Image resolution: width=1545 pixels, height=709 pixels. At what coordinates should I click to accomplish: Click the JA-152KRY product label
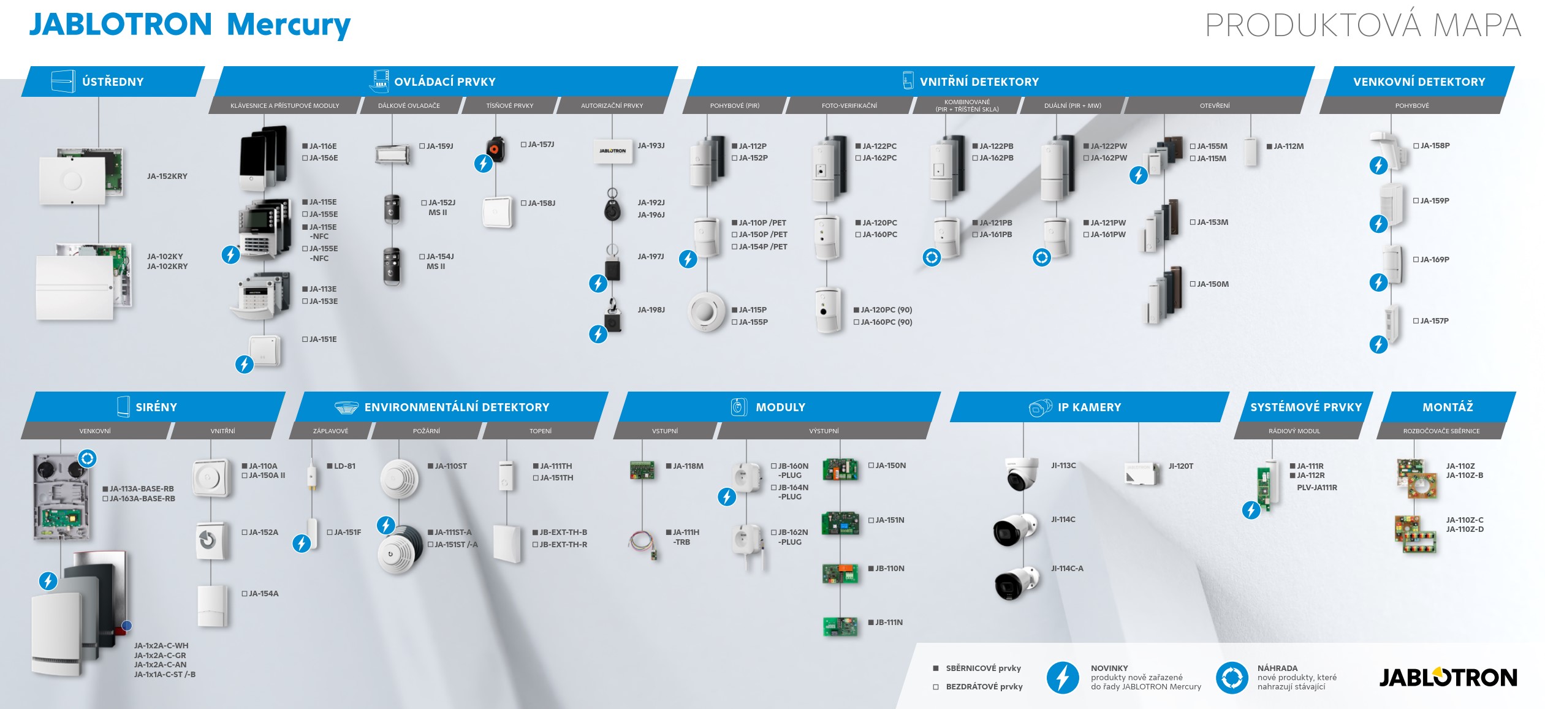click(167, 176)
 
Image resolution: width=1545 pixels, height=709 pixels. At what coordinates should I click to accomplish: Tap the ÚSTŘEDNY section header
click(113, 82)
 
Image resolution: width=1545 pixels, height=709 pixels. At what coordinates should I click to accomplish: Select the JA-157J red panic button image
click(495, 149)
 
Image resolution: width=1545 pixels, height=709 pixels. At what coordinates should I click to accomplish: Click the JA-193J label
click(651, 146)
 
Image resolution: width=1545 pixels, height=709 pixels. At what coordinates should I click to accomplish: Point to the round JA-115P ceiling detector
click(707, 312)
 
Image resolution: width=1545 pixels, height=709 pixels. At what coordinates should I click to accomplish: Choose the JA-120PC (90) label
click(883, 310)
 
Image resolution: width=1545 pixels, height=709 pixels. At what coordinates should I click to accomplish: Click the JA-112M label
click(1285, 146)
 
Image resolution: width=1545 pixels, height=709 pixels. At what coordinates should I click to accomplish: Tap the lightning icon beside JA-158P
click(1378, 165)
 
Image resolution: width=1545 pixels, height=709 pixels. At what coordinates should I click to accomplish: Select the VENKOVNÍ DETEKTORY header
click(1419, 82)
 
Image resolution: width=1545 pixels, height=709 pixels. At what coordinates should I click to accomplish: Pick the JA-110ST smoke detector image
click(400, 478)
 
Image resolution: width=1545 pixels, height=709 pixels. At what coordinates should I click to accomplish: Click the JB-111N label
click(886, 623)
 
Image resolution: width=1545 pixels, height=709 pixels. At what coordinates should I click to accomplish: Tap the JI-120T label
click(1181, 466)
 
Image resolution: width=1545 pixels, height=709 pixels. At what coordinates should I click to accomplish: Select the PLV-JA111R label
click(1317, 488)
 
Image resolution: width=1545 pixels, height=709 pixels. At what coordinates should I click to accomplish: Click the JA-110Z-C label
click(1465, 520)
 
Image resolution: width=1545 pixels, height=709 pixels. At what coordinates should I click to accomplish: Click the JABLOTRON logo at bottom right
click(1448, 677)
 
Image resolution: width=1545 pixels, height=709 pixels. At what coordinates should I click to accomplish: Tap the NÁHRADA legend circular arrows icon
click(1232, 678)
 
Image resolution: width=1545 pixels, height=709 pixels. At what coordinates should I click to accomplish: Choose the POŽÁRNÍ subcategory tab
click(427, 431)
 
